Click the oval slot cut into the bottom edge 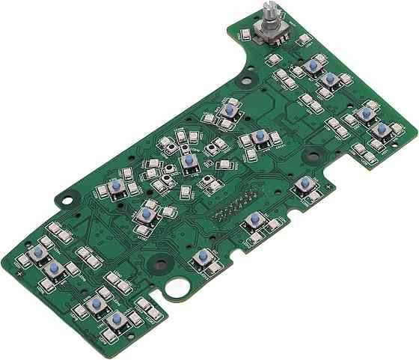(x=179, y=287)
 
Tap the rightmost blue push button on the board (x=382, y=129)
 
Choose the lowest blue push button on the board (x=115, y=321)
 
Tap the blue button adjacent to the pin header (x=255, y=219)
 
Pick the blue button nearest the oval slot (x=200, y=256)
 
